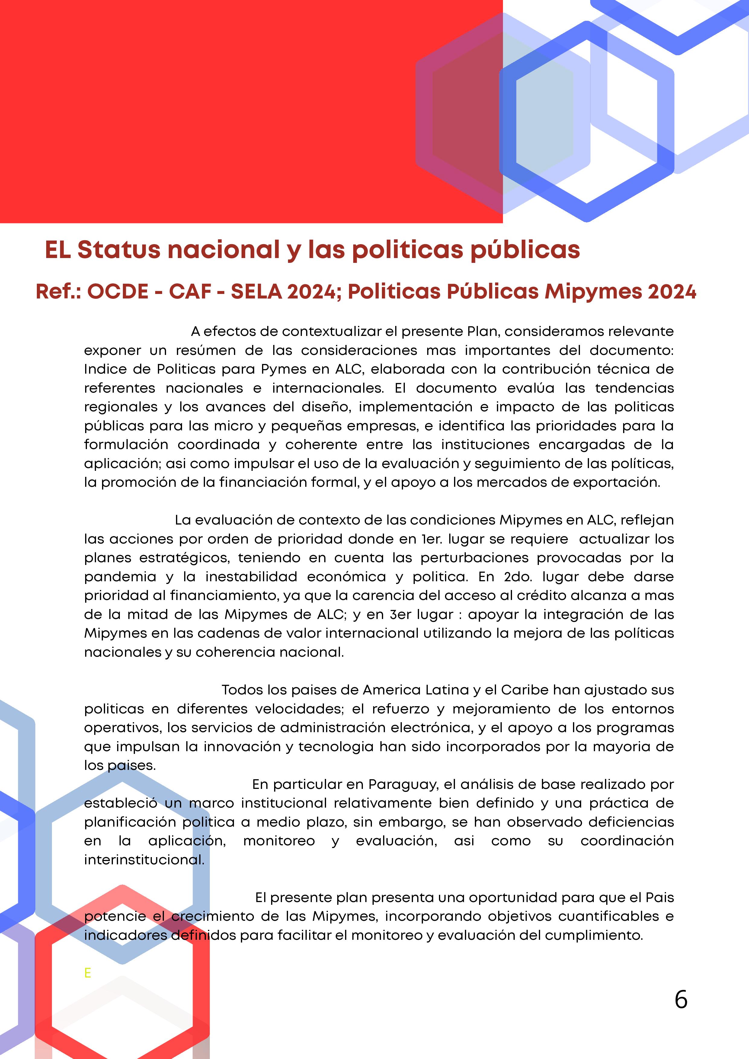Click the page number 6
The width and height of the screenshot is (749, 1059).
pyautogui.click(x=681, y=1000)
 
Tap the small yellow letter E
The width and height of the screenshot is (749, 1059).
pyautogui.click(x=88, y=973)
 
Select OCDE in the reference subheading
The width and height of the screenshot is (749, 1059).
pyautogui.click(x=118, y=292)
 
